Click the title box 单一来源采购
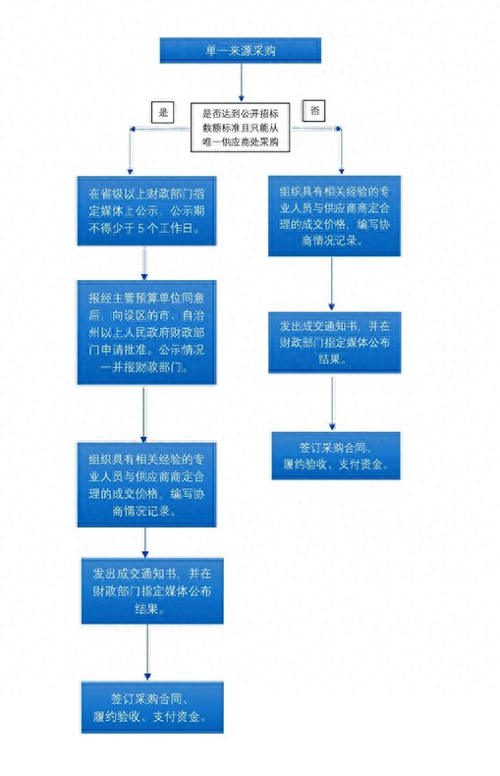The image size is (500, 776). point(241,51)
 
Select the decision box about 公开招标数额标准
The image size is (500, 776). point(241,128)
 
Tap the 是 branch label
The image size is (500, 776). point(163,112)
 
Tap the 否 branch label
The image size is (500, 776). point(315,111)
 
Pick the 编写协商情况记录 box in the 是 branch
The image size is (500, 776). point(146,484)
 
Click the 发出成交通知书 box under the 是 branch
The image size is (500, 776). point(146,588)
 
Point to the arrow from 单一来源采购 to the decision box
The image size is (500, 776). point(241,82)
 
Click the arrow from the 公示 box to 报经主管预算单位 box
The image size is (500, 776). point(144,261)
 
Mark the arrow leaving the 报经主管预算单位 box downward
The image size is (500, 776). point(144,413)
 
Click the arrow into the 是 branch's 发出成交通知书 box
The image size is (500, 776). point(146,541)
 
